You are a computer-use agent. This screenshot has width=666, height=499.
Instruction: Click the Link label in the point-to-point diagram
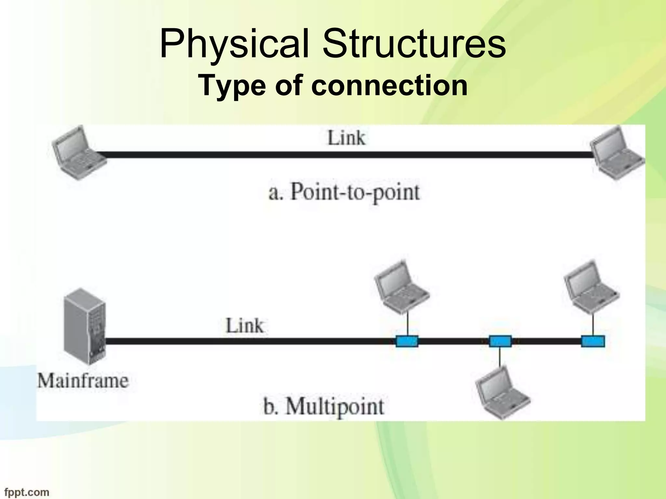tap(346, 138)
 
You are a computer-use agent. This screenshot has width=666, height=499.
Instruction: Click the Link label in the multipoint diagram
tap(245, 326)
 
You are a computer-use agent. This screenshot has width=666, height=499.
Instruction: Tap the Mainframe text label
tap(83, 381)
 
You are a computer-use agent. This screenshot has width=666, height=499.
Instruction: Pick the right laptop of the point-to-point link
tap(617, 153)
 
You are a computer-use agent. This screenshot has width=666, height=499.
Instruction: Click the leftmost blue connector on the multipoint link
tap(407, 341)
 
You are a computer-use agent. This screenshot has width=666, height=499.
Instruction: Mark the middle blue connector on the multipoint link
tap(500, 341)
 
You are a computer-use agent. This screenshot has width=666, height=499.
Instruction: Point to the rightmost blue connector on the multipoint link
tap(593, 341)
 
